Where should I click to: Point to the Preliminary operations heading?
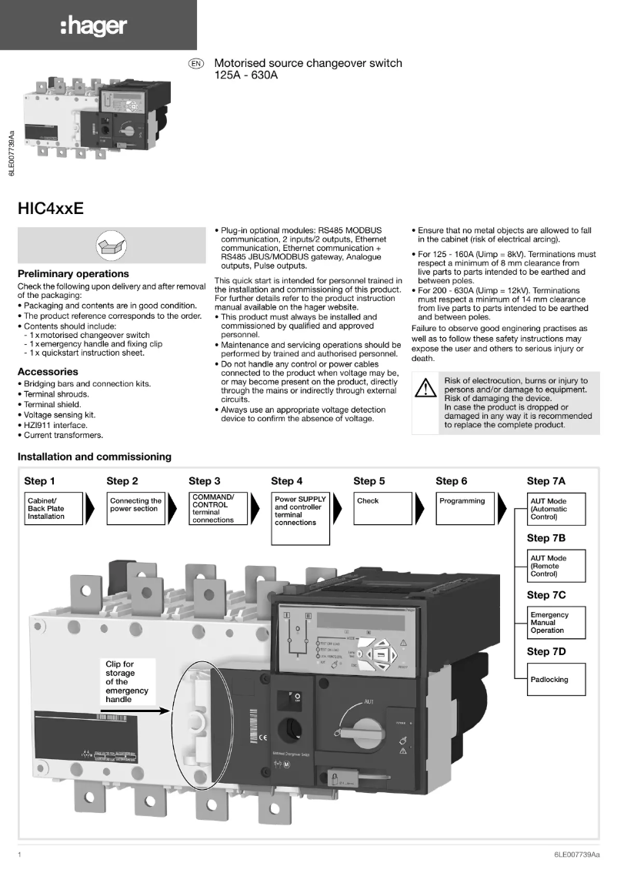click(x=73, y=274)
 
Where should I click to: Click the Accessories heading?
click(x=48, y=372)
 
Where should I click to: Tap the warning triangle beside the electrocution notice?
click(x=425, y=387)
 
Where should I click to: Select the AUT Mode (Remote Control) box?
click(x=555, y=566)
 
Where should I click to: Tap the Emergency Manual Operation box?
click(x=555, y=623)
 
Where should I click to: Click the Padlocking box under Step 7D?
click(x=555, y=680)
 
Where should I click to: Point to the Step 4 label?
click(x=287, y=481)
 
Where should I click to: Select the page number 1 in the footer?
click(x=19, y=855)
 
